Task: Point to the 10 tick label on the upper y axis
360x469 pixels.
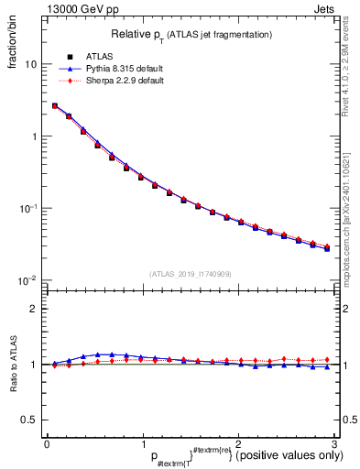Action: [31, 65]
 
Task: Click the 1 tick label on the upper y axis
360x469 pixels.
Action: [34, 136]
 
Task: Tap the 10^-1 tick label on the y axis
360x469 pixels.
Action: [29, 208]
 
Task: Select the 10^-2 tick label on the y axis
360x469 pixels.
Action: [29, 279]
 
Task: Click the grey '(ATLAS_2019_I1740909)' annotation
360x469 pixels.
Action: [190, 273]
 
